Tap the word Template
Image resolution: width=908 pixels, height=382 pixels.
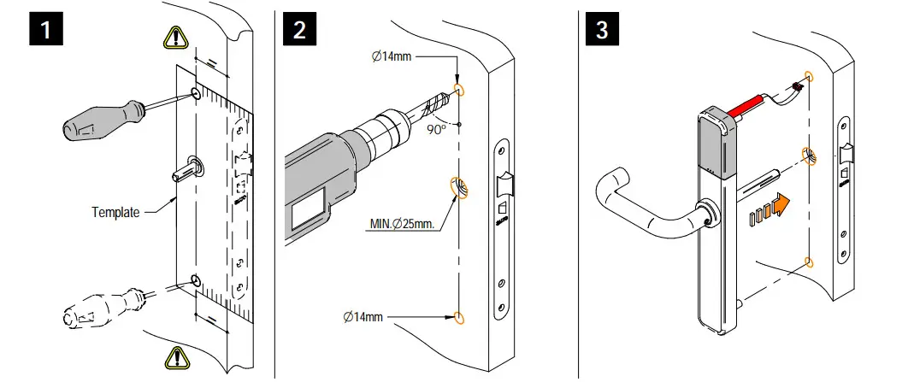pos(115,211)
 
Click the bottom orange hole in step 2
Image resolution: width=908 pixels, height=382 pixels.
pos(460,318)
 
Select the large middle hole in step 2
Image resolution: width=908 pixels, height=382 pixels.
pos(459,187)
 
